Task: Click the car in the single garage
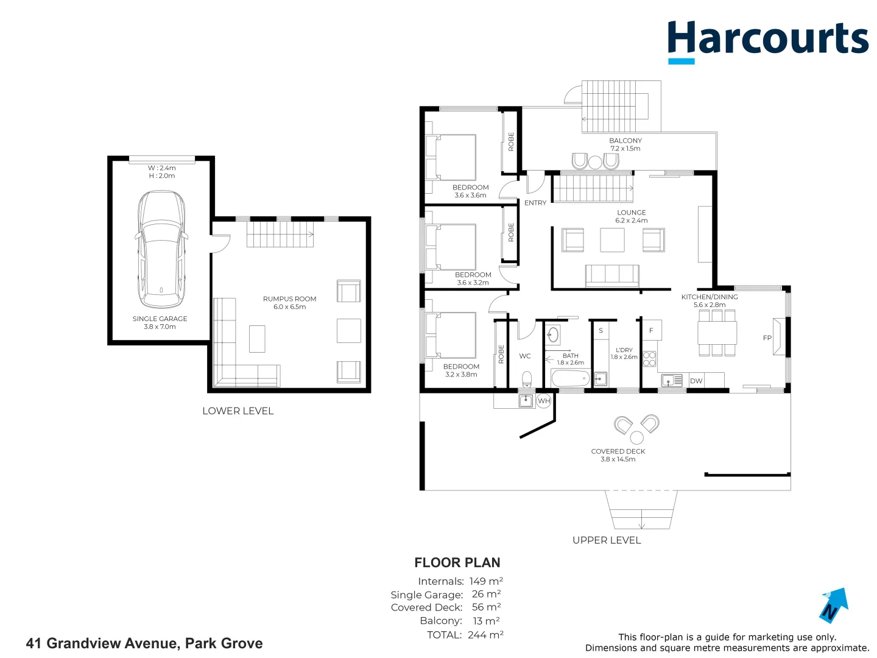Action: (x=161, y=249)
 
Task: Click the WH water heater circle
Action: (x=544, y=401)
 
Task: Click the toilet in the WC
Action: (x=527, y=379)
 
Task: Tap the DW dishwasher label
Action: (x=696, y=381)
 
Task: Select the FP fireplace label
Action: (x=767, y=338)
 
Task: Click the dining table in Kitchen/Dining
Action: (x=717, y=333)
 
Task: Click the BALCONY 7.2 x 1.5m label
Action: (x=625, y=144)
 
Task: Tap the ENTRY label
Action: (x=535, y=203)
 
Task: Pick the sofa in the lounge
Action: (x=612, y=275)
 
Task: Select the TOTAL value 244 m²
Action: (x=485, y=635)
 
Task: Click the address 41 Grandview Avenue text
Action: (x=144, y=643)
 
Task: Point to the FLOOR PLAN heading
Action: (x=457, y=563)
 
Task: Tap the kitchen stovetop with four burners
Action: (x=649, y=359)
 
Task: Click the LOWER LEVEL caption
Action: (x=238, y=411)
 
